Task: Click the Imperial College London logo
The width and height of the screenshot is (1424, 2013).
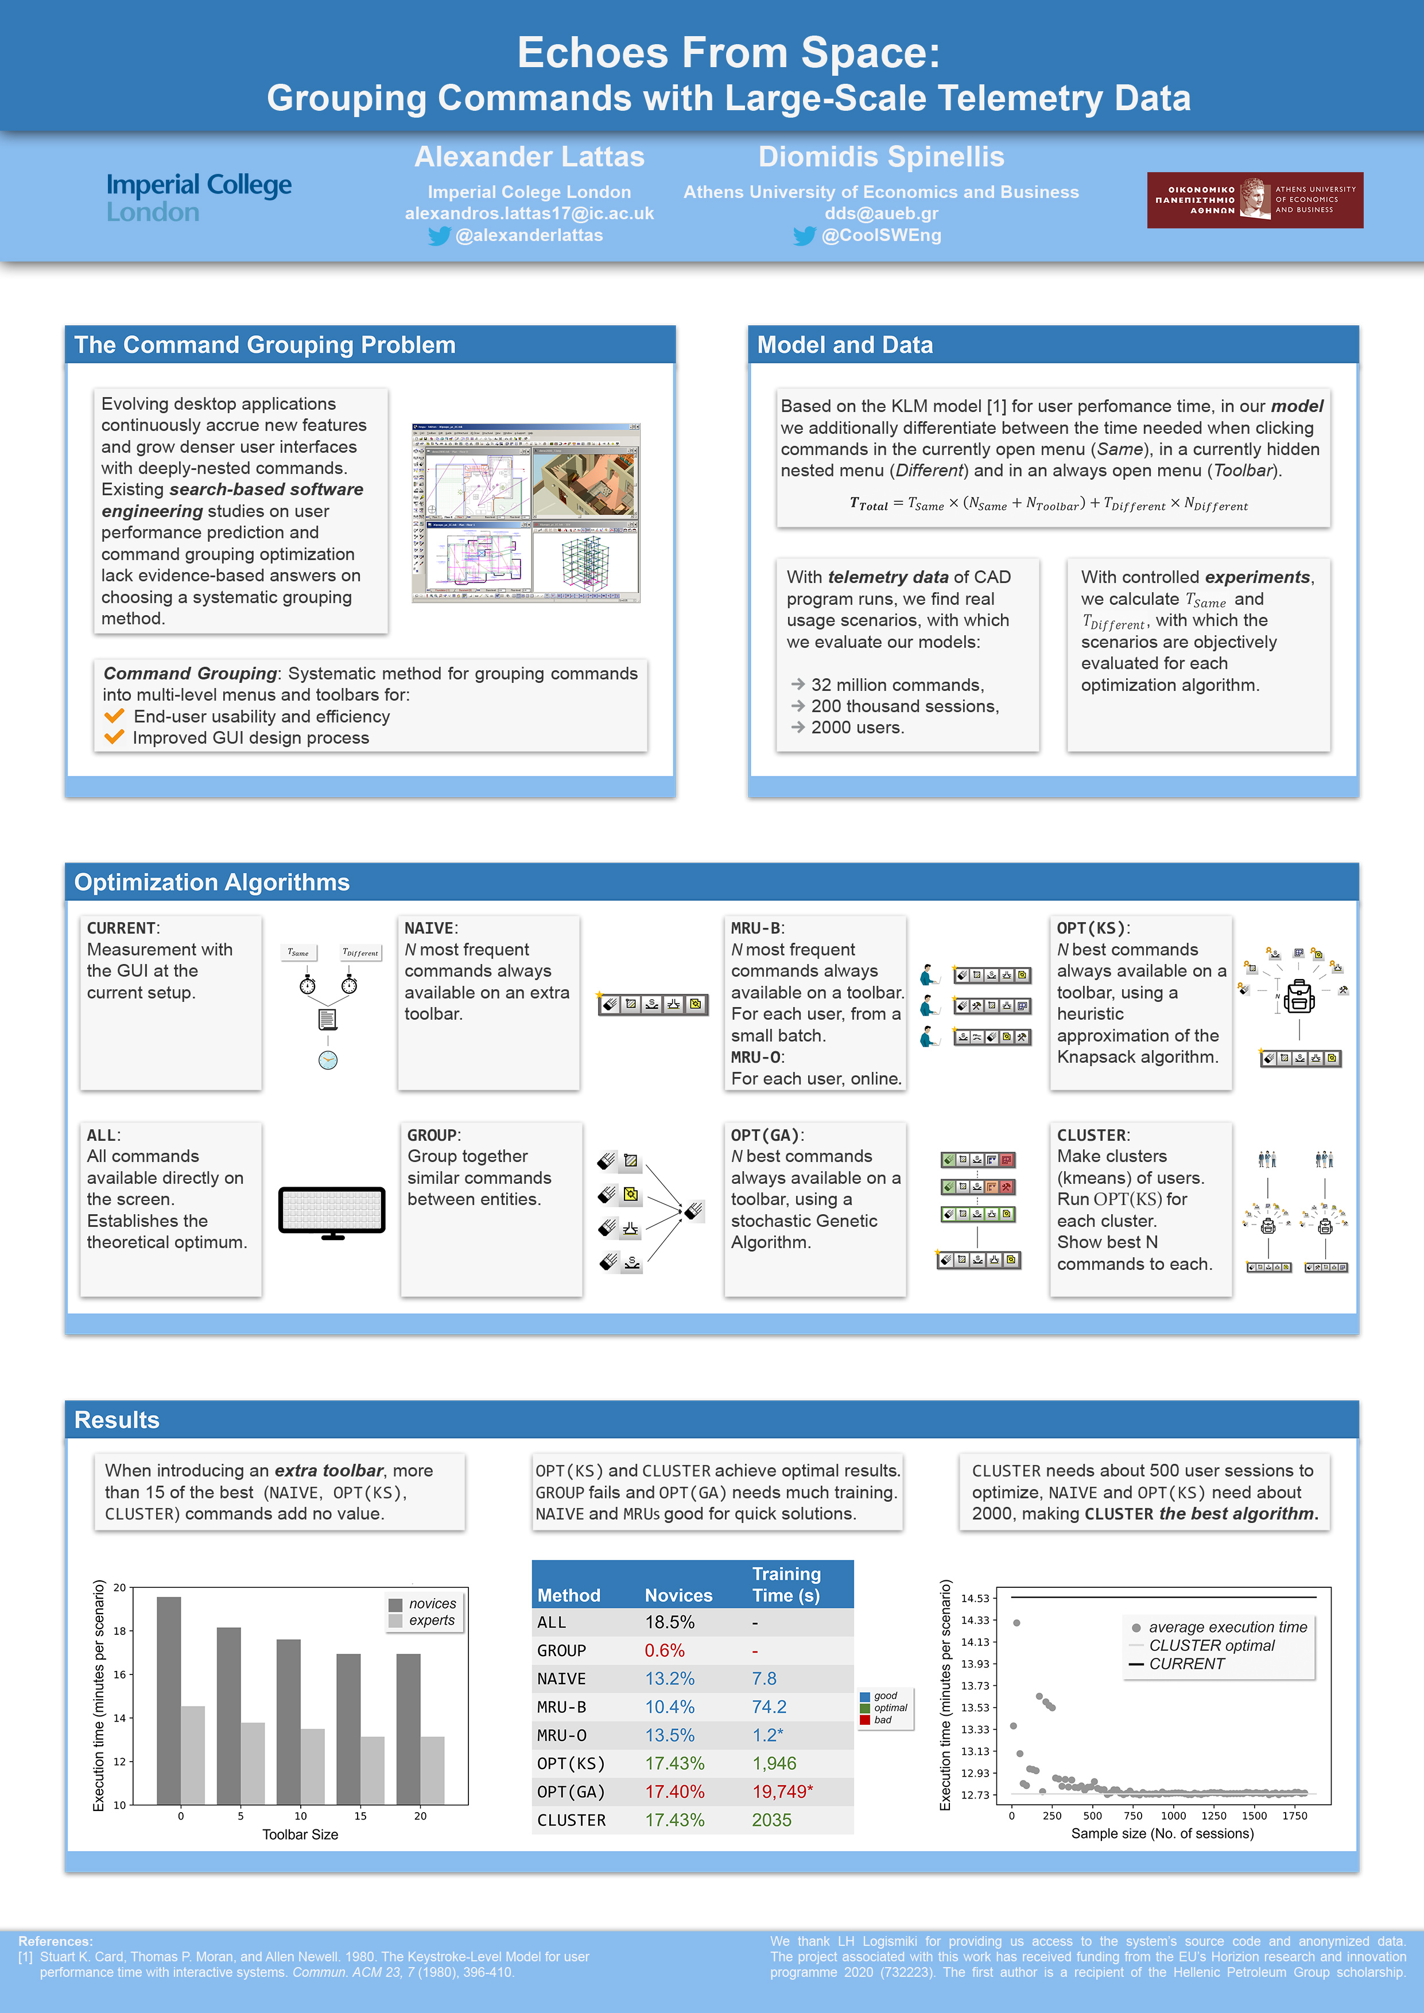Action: pyautogui.click(x=199, y=198)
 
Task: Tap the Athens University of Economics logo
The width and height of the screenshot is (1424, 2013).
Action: pyautogui.click(x=1254, y=200)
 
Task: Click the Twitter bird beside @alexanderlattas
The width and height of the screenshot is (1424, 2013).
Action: pyautogui.click(x=439, y=236)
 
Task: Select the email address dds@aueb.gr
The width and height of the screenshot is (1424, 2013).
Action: pyautogui.click(x=880, y=213)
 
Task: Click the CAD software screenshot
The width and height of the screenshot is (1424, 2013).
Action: pyautogui.click(x=526, y=513)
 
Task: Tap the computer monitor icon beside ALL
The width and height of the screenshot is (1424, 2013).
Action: pyautogui.click(x=331, y=1213)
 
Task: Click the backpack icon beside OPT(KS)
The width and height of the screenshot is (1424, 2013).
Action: pyautogui.click(x=1299, y=997)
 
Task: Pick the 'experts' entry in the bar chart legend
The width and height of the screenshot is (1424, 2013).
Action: pyautogui.click(x=432, y=1620)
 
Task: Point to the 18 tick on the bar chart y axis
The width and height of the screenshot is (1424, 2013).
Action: pyautogui.click(x=119, y=1631)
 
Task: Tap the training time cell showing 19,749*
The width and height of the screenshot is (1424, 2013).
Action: pyautogui.click(x=782, y=1792)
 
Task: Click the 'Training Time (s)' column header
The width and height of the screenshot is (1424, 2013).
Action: pyautogui.click(x=786, y=1585)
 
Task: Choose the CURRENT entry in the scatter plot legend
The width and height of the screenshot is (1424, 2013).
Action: pyautogui.click(x=1186, y=1664)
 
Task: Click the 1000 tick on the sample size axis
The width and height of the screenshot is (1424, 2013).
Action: pyautogui.click(x=1173, y=1816)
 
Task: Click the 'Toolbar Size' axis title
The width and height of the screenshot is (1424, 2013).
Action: pyautogui.click(x=300, y=1834)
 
